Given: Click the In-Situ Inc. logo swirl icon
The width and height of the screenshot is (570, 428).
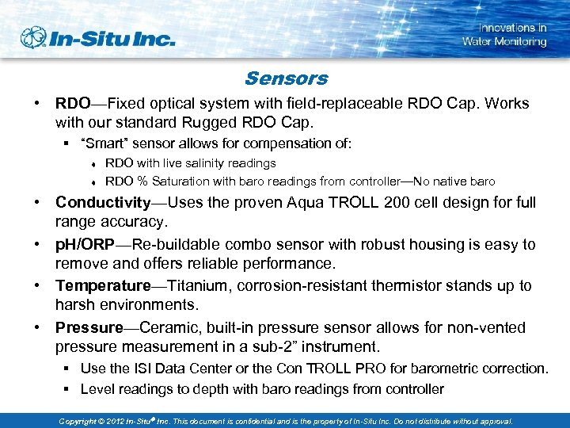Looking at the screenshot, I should click(34, 37).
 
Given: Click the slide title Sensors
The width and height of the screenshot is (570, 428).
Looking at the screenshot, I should click(286, 78).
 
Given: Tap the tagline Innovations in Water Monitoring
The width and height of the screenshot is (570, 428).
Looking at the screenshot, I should click(504, 35).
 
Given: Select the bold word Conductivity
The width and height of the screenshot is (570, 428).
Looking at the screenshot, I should click(102, 202).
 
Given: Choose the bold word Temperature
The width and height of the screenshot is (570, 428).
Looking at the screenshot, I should click(102, 285).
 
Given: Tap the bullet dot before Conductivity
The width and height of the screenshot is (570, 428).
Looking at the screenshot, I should click(38, 202).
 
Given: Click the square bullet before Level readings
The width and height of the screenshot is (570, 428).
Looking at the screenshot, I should click(69, 389).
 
